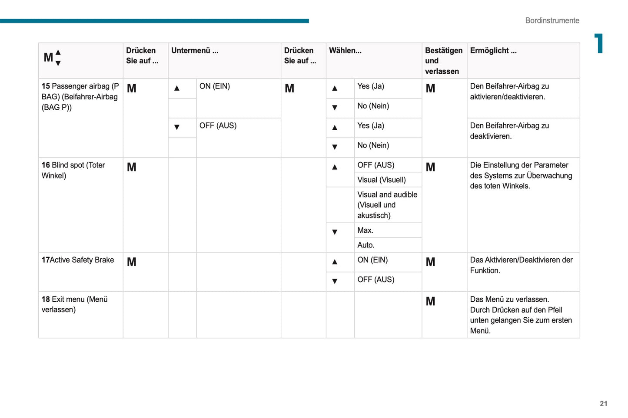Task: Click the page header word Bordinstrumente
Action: tap(552, 20)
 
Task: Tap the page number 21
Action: tap(603, 404)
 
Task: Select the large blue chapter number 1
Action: tap(599, 43)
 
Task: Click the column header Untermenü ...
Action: tap(195, 50)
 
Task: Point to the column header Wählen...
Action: tap(345, 50)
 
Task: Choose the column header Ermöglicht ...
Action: tap(493, 50)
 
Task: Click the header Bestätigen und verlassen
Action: tap(443, 61)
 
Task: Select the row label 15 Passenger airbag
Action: tap(80, 96)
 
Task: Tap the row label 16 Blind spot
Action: tap(73, 170)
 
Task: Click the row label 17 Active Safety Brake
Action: tap(78, 260)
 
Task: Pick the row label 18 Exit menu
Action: tap(74, 304)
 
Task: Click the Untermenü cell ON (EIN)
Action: tap(215, 86)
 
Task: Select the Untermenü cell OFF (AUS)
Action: tap(218, 125)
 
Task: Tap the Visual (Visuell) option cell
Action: tap(381, 180)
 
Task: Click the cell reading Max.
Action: tap(365, 230)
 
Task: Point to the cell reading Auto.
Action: tap(366, 245)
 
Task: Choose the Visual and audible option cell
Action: tap(387, 205)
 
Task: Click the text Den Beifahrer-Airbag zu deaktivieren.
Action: tap(509, 131)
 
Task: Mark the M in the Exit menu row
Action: tap(430, 301)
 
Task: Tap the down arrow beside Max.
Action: tap(335, 232)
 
